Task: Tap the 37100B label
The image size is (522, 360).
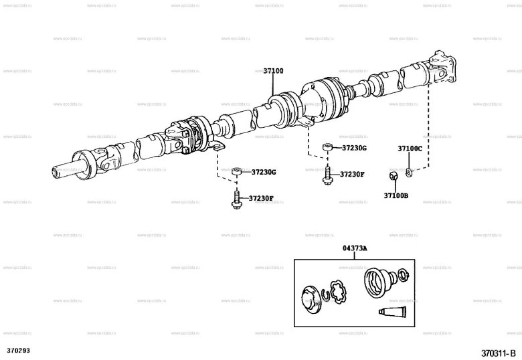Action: [x=396, y=195]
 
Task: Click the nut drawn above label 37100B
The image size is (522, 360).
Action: [x=394, y=177]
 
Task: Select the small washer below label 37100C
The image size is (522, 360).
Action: [x=410, y=173]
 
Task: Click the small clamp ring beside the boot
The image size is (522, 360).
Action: [x=403, y=274]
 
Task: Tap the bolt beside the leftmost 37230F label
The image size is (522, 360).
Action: [x=236, y=198]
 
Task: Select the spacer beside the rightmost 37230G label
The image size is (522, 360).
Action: [x=327, y=147]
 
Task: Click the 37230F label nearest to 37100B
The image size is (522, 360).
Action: [x=352, y=174]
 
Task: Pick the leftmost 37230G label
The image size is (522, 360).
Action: [x=264, y=172]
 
